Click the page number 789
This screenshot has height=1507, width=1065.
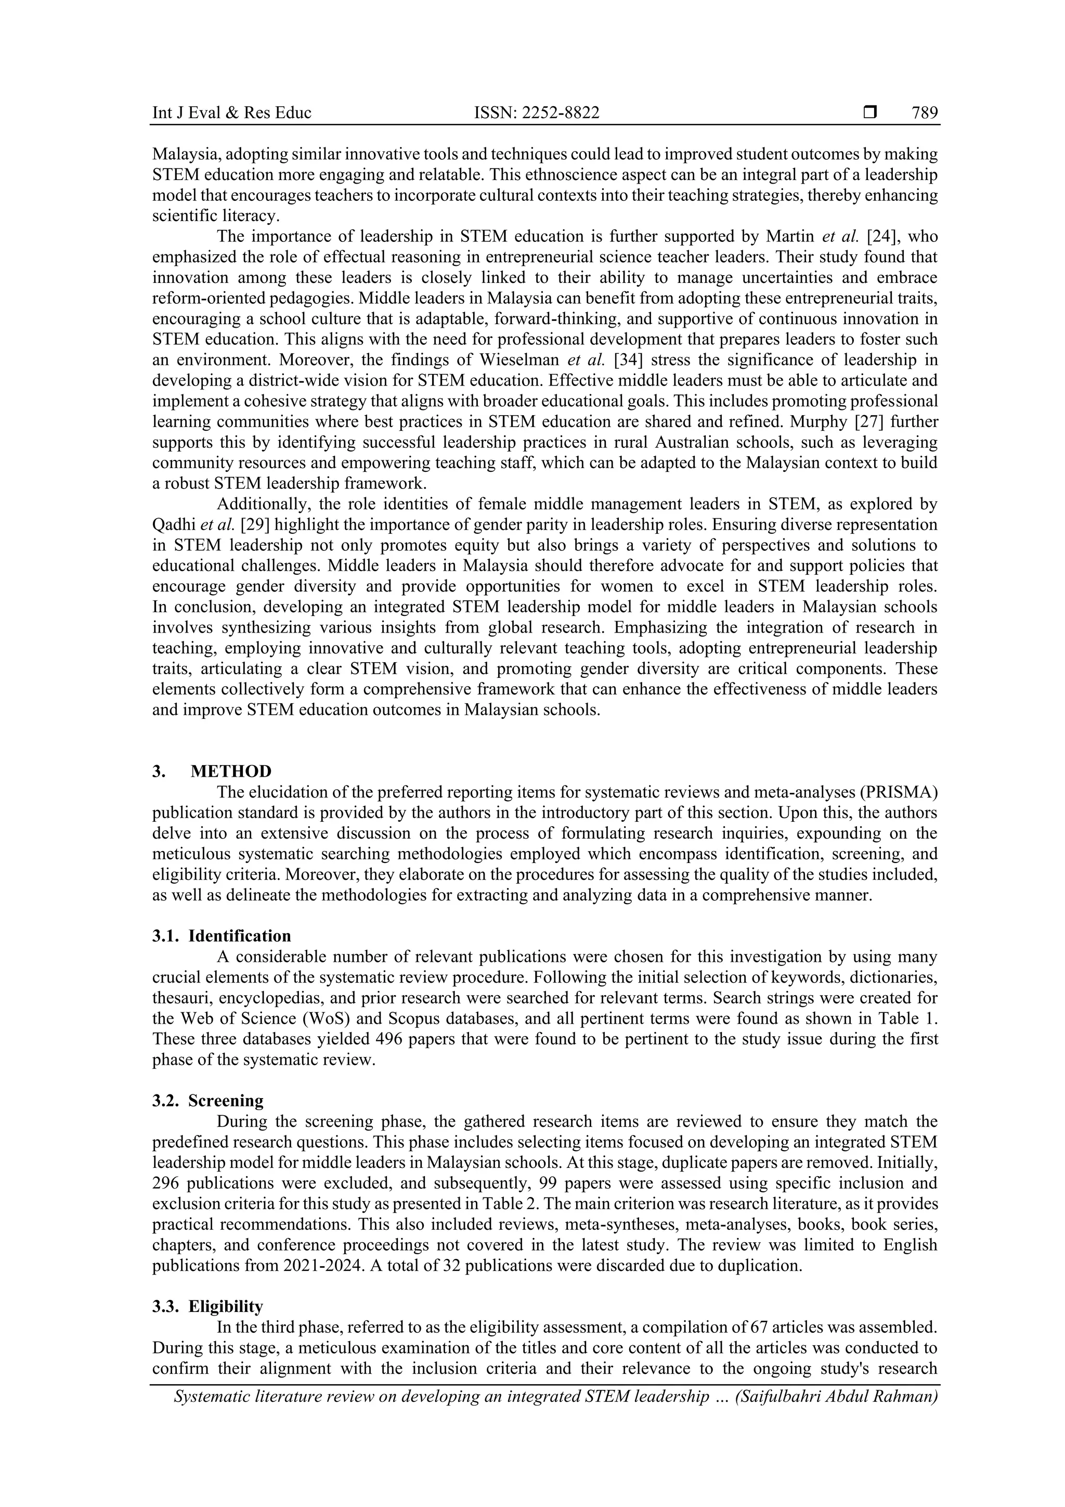pyautogui.click(x=925, y=113)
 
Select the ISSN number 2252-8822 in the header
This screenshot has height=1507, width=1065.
pyautogui.click(x=564, y=113)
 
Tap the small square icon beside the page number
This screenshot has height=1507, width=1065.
pyautogui.click(x=870, y=113)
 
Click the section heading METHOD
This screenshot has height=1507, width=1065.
pyautogui.click(x=231, y=771)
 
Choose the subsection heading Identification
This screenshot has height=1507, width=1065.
pyautogui.click(x=240, y=936)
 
